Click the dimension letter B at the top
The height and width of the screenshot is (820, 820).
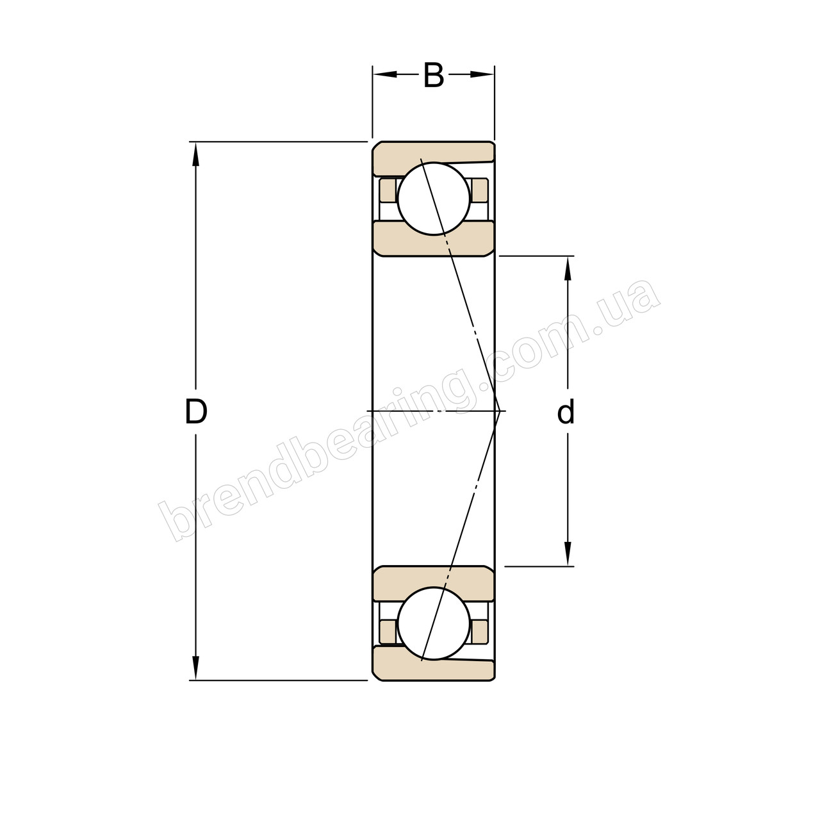tap(434, 76)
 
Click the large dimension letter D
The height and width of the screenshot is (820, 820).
tap(195, 412)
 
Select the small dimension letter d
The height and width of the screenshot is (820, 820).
tap(566, 413)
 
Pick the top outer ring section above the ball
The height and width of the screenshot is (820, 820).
tap(433, 151)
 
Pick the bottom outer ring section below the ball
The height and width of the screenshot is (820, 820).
tap(433, 670)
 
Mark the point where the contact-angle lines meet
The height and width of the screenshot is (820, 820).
tap(499, 411)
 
